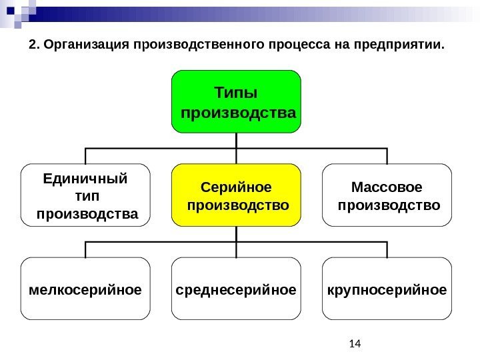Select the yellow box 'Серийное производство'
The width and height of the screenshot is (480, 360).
tap(237, 194)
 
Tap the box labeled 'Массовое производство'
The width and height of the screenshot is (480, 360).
tap(387, 194)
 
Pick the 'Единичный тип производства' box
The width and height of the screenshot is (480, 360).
tap(86, 194)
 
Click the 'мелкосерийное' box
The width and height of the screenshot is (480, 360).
tap(86, 289)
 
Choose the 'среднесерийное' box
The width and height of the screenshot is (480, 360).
tap(237, 289)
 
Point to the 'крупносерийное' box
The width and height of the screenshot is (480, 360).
tap(387, 289)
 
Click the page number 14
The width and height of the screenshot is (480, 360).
tap(354, 344)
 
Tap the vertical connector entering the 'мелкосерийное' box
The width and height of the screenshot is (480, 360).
tap(86, 250)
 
